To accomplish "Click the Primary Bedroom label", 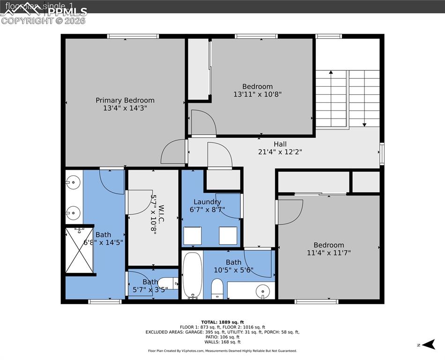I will coord(125,100).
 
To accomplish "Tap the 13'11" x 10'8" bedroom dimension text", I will coord(257,94).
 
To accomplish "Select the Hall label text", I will coord(280,144).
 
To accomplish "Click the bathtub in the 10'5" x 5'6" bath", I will coord(192,275).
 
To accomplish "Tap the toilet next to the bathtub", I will coord(217,288).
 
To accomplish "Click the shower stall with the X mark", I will coord(79,250).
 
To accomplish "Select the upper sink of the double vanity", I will coord(73,181).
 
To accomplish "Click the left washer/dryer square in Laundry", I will coord(193,235).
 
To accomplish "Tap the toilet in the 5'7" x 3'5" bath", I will coord(172,283).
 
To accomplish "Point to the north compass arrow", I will coord(428,345).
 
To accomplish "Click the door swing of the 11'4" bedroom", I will coord(289,210).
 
